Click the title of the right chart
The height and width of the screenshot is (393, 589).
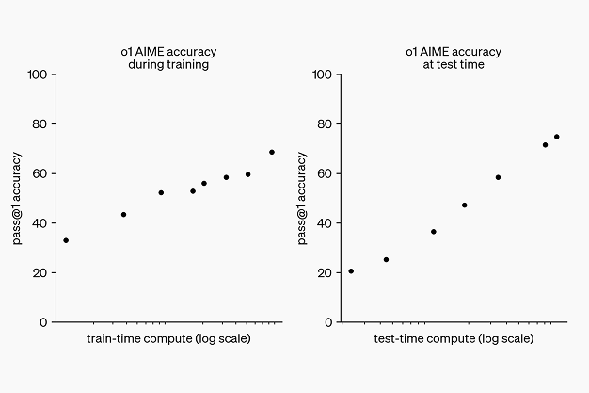point(453,58)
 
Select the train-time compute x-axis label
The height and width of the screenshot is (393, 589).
point(168,337)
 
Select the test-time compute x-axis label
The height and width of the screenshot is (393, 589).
point(454,337)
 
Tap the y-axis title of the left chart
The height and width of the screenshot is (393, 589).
point(17,198)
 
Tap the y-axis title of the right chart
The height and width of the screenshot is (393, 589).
point(302,198)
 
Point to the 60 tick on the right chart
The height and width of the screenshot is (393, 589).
point(323,173)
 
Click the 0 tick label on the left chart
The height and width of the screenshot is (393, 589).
point(42,322)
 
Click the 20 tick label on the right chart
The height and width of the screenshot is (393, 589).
point(323,272)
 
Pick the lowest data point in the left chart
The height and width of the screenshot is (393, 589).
point(66,240)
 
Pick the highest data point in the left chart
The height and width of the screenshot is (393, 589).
point(272,152)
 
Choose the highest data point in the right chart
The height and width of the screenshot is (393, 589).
point(556,137)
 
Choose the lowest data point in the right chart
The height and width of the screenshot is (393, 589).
point(351,271)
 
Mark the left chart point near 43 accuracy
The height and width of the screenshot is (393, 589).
point(123,215)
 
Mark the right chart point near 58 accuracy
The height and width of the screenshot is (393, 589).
point(498,177)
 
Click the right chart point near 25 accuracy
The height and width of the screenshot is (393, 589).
point(386,259)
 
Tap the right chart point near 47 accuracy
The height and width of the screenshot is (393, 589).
point(464,205)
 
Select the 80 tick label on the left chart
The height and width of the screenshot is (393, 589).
point(38,123)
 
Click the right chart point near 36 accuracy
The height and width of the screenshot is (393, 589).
point(434,232)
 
